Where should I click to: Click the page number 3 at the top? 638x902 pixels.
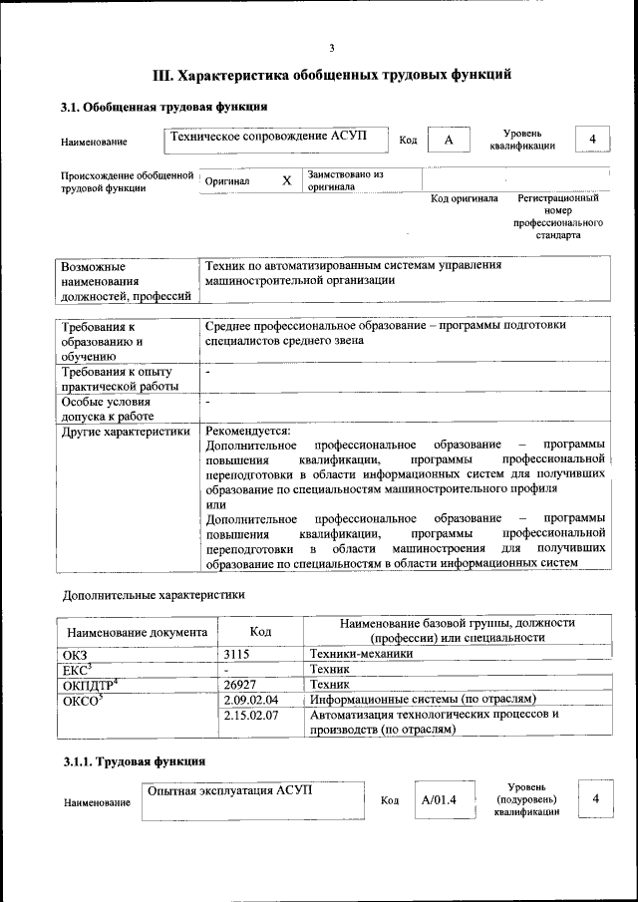[x=332, y=48]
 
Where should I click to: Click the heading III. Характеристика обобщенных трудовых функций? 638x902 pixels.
[x=332, y=75]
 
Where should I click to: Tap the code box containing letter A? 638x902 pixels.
[x=449, y=141]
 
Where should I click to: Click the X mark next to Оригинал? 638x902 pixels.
[x=286, y=181]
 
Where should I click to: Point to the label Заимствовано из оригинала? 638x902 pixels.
[x=346, y=180]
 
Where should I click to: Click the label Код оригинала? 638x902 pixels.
[x=464, y=198]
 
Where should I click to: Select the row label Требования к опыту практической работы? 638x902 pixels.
[x=121, y=379]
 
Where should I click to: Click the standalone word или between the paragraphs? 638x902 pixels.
[x=215, y=505]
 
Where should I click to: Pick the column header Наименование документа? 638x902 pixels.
[x=137, y=632]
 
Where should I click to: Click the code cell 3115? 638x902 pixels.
[x=238, y=654]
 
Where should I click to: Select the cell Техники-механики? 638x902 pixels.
[x=361, y=654]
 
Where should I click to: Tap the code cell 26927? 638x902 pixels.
[x=241, y=685]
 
